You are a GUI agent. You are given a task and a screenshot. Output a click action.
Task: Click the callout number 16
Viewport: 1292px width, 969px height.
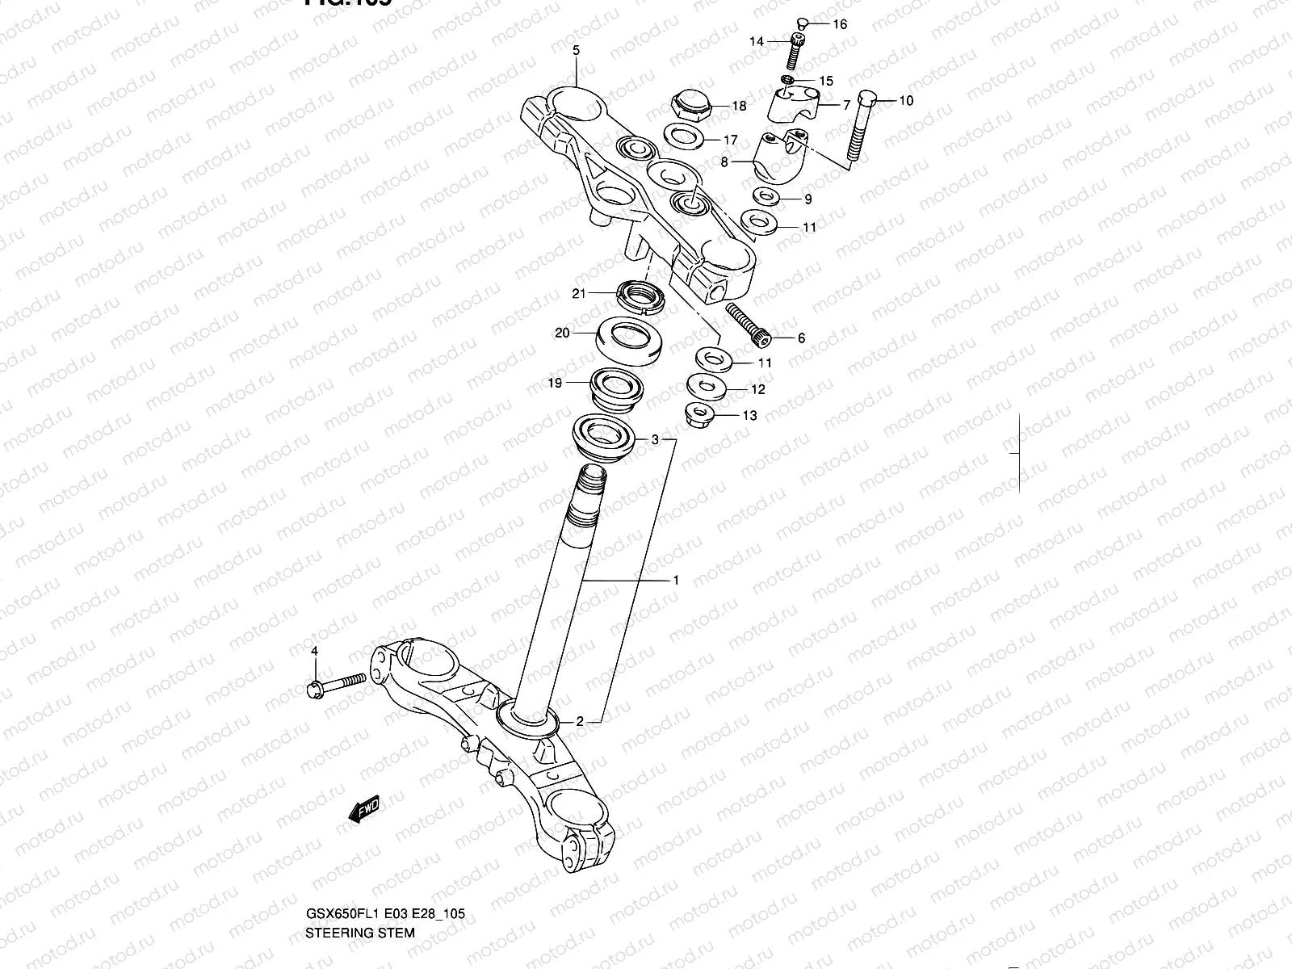tap(840, 24)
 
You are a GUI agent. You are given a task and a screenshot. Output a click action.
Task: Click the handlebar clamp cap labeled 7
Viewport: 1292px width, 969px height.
tap(795, 106)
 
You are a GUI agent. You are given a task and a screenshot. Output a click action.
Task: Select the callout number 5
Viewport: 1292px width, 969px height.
tap(576, 50)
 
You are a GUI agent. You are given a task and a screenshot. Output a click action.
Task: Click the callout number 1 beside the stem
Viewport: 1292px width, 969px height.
tap(675, 580)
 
